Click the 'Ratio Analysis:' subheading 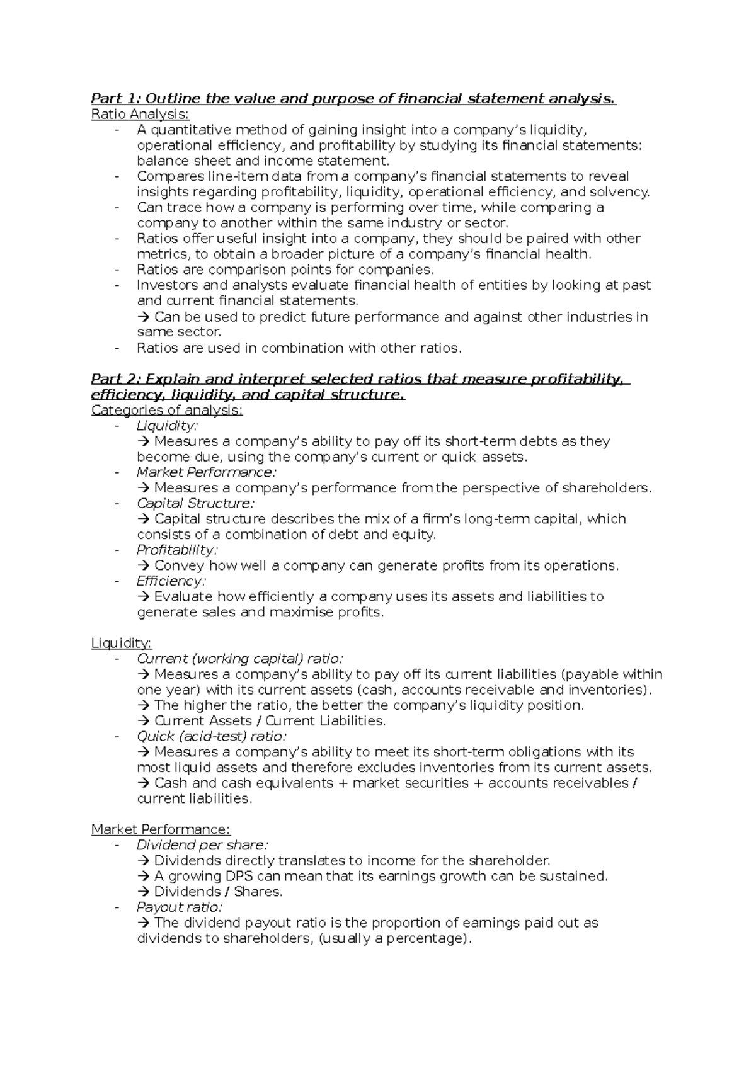139,114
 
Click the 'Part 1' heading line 353,98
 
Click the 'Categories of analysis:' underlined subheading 166,410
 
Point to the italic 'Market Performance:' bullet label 206,472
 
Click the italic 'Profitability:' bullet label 177,550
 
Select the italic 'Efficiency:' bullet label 171,581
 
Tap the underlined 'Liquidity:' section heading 121,643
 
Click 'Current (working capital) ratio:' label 239,659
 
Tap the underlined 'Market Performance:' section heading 161,829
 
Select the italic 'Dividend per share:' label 202,845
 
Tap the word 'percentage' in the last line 426,938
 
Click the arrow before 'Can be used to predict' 144,317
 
